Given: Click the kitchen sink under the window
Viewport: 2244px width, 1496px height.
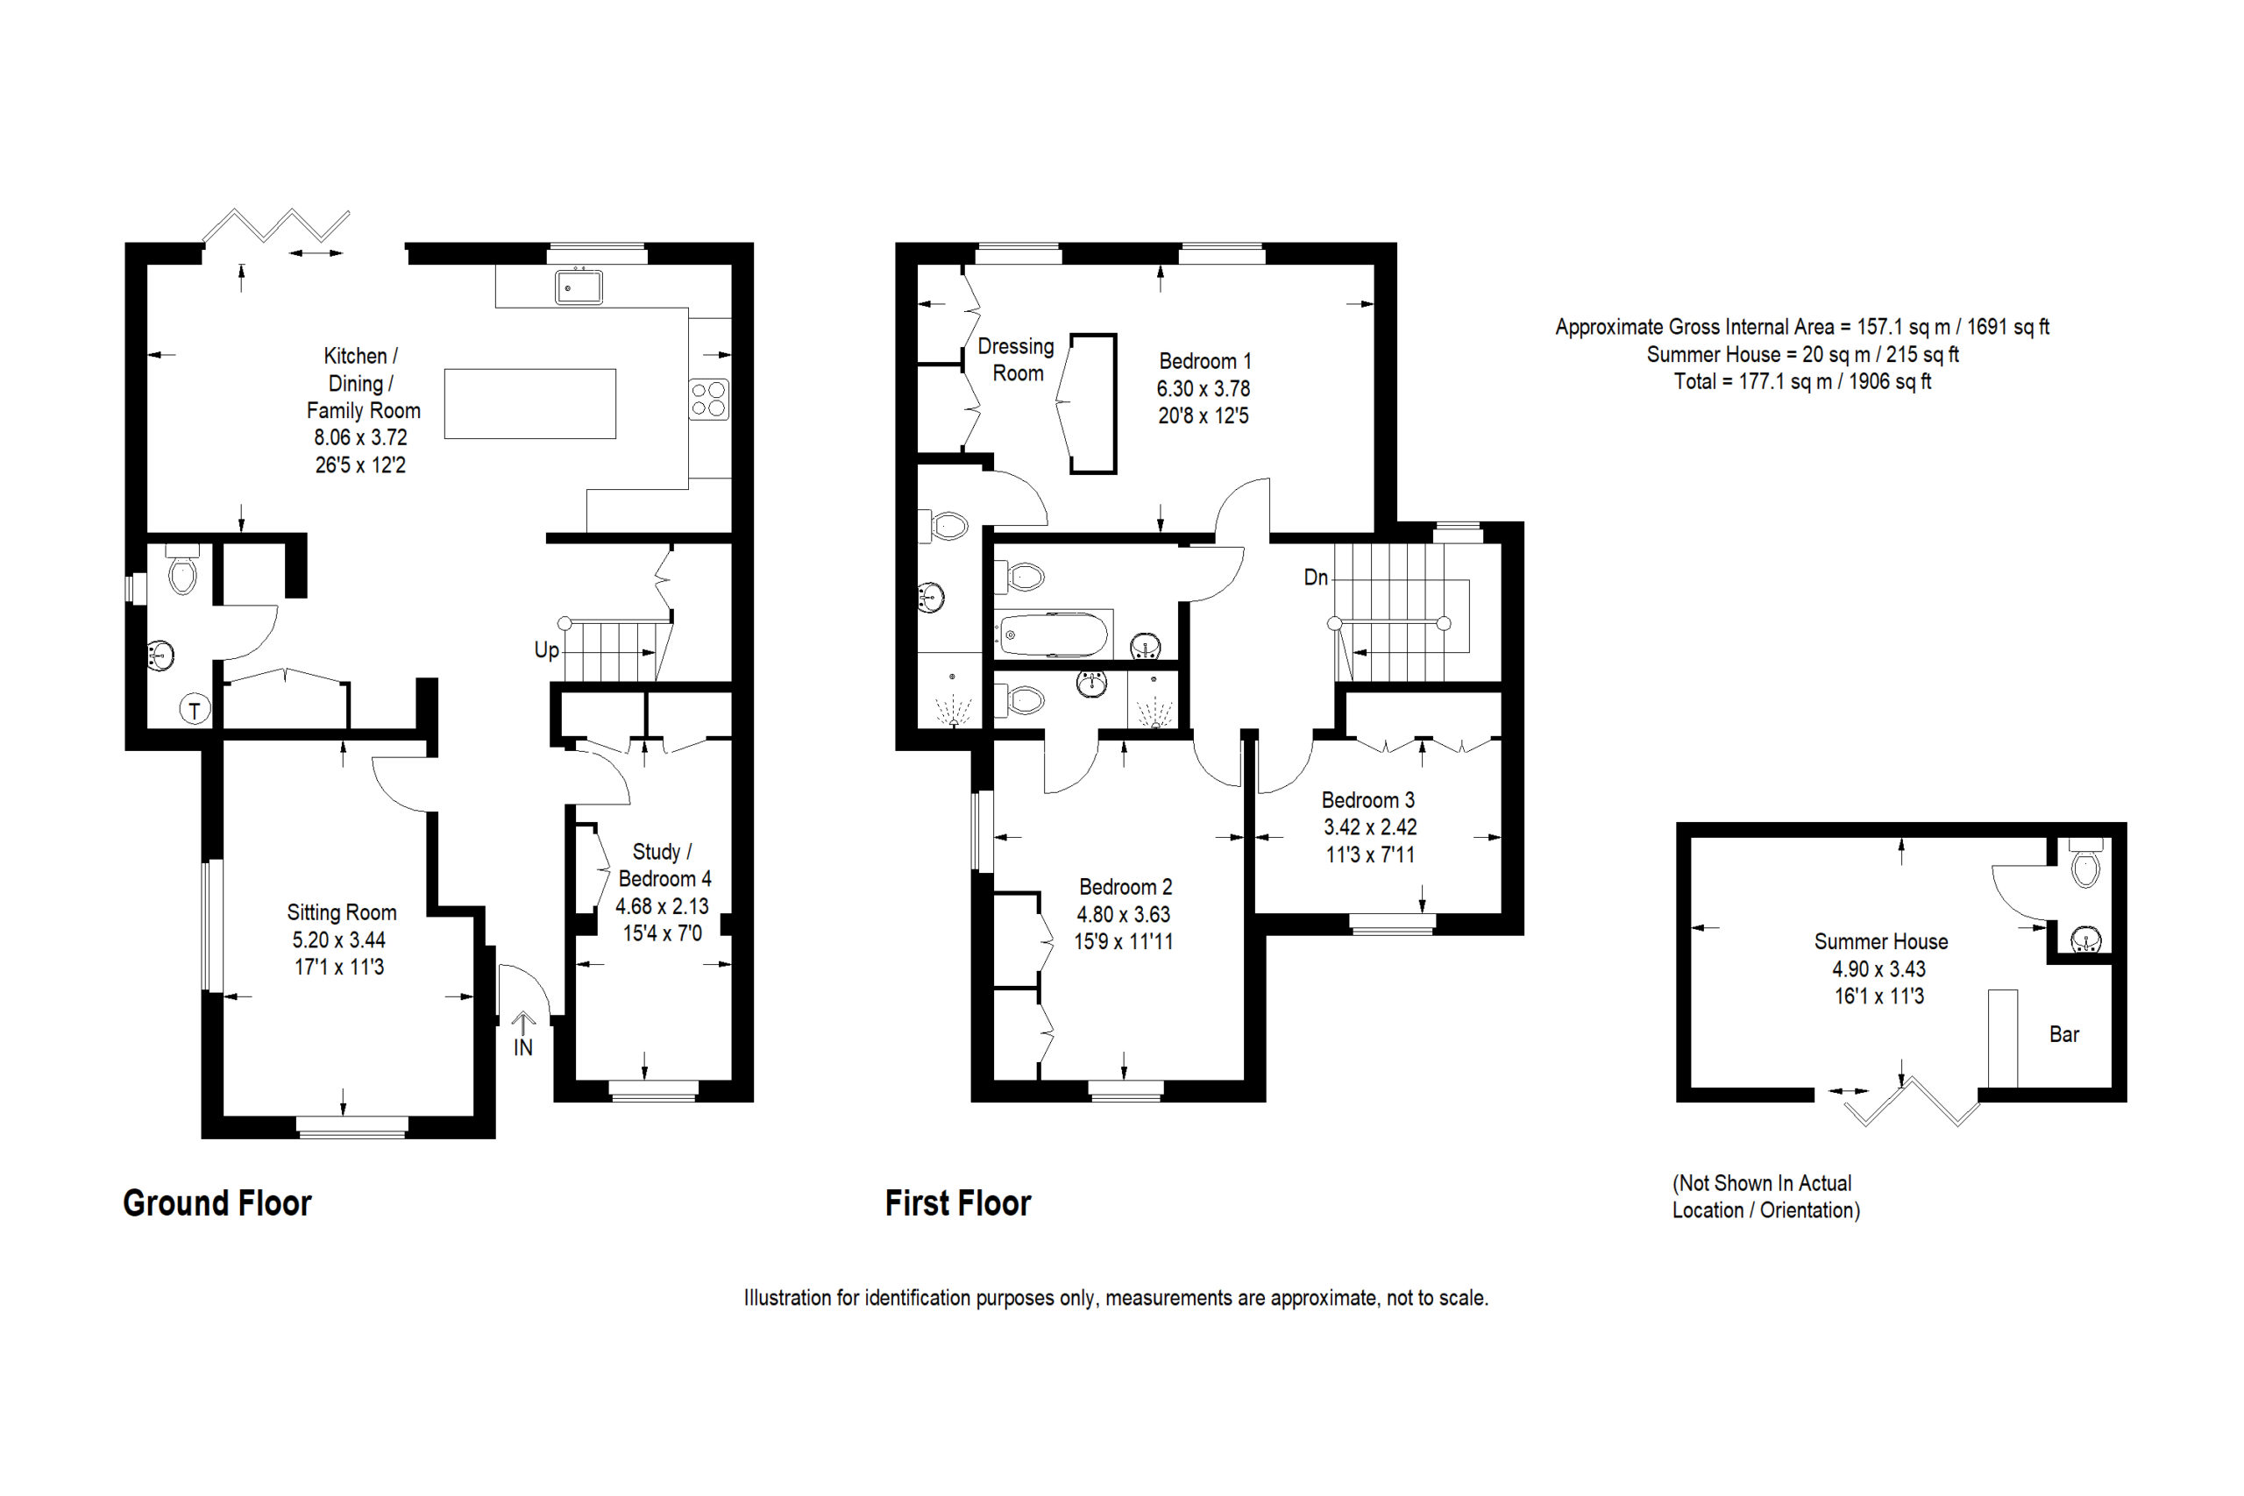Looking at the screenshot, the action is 579,287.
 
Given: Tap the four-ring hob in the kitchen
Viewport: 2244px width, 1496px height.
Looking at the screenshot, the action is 709,400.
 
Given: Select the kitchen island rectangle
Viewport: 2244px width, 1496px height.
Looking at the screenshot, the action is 529,403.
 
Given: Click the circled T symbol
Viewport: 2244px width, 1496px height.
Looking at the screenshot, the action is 195,710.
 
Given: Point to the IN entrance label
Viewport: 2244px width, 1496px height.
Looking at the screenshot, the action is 522,1047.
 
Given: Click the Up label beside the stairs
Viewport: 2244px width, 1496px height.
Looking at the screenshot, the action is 547,650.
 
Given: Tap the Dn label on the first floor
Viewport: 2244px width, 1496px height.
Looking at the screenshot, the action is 1316,578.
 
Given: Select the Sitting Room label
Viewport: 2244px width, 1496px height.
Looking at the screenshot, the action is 342,912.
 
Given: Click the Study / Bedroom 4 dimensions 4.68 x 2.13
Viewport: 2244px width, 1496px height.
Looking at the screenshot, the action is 662,905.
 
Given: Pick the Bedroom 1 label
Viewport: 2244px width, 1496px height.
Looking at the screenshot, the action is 1205,361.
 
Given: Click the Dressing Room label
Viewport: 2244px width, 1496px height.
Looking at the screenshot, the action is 1016,359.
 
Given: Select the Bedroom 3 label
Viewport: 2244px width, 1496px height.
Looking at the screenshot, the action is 1368,799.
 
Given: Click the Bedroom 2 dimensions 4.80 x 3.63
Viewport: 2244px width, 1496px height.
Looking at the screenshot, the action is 1124,914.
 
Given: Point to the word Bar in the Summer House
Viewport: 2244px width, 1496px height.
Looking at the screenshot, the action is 2063,1034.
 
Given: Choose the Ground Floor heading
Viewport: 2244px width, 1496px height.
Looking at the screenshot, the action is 217,1203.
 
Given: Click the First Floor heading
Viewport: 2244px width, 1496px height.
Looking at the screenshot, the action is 958,1203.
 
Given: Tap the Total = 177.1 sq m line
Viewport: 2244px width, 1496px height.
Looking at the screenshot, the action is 1802,381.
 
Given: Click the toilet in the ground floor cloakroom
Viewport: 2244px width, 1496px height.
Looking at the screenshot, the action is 181,570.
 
